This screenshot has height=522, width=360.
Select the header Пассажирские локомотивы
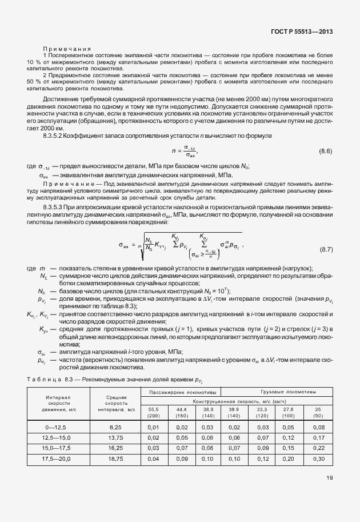tap(178, 393)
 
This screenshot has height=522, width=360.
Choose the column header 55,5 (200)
tap(153, 412)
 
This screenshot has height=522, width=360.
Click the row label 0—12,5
tap(58, 427)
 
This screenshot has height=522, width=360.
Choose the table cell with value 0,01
tap(153, 427)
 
